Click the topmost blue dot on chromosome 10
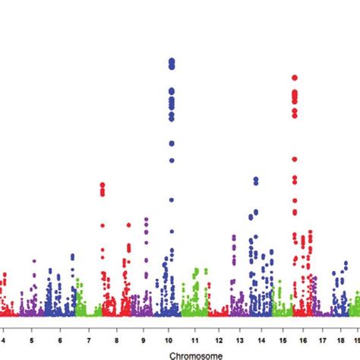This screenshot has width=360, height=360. (x=172, y=61)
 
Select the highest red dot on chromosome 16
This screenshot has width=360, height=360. (x=295, y=77)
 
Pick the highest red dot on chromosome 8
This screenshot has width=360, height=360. (x=103, y=185)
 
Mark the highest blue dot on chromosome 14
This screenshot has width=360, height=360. (x=256, y=179)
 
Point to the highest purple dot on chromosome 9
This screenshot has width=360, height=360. (x=146, y=219)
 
